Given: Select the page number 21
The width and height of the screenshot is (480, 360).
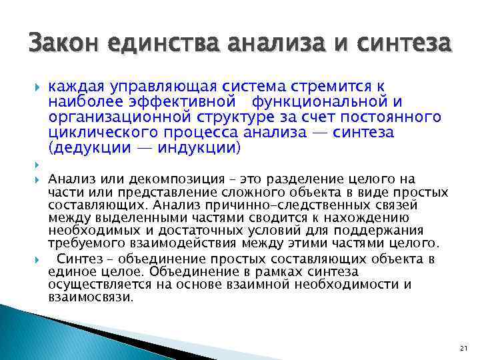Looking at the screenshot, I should click(x=465, y=348).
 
